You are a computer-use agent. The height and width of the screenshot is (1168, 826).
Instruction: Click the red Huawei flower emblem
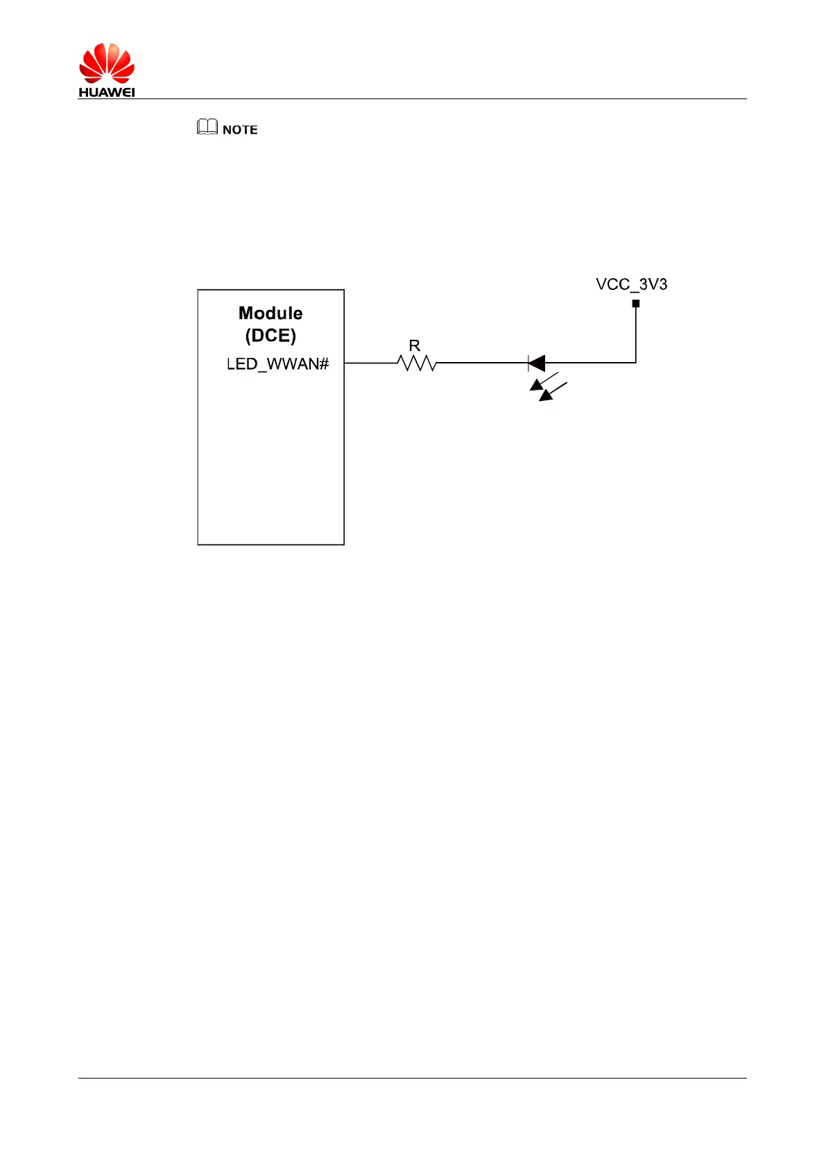point(106,64)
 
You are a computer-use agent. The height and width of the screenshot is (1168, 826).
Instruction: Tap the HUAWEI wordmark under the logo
point(106,92)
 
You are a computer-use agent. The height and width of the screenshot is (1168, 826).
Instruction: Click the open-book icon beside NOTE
point(207,127)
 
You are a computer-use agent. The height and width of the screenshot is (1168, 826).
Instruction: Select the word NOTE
point(240,130)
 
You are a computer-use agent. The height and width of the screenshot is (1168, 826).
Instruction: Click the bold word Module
point(270,314)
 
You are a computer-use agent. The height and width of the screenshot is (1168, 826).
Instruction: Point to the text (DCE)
point(270,336)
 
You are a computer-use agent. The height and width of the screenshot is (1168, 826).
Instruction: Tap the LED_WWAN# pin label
point(277,364)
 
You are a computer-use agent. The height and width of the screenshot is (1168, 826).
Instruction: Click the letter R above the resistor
point(415,345)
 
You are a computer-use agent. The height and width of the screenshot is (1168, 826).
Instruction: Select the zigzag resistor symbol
point(417,363)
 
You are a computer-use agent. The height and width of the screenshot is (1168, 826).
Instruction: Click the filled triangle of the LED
point(537,363)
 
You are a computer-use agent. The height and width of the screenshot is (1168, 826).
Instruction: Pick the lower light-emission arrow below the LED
point(553,393)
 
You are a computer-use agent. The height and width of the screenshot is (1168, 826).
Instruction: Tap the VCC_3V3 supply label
point(631,284)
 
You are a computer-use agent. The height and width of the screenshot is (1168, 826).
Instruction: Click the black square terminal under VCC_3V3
point(636,303)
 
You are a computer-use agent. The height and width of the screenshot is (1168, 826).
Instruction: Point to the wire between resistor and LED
point(482,363)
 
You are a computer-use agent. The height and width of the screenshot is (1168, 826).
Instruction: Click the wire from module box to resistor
point(371,363)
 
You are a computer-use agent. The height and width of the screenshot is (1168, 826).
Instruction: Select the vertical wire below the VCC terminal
point(636,333)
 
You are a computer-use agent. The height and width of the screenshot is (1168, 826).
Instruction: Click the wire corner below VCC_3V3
point(636,362)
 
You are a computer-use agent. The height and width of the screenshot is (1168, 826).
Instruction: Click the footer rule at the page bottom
point(412,1078)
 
